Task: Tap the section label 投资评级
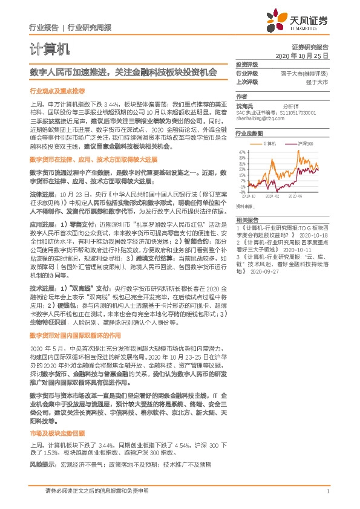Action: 247,64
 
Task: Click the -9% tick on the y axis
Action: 242,191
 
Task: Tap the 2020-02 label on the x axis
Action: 273,196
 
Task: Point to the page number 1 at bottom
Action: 327,491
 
